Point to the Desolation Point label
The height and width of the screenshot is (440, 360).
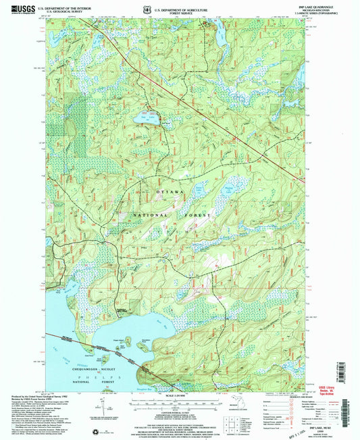pyautogui.click(x=140, y=338)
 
